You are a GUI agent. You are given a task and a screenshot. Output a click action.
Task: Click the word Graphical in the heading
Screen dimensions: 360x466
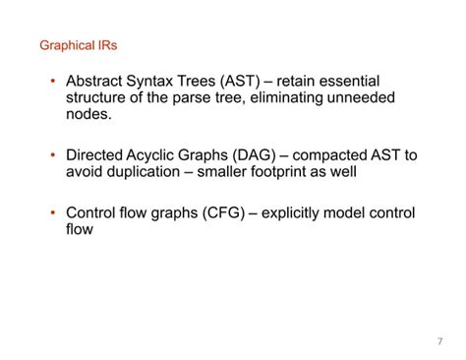(x=63, y=45)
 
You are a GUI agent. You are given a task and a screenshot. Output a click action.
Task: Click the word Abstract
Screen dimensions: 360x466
(x=97, y=81)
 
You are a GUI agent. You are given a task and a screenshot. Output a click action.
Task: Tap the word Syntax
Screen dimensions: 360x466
(x=160, y=81)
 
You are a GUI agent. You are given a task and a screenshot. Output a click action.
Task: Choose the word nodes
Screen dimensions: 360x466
(x=88, y=114)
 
